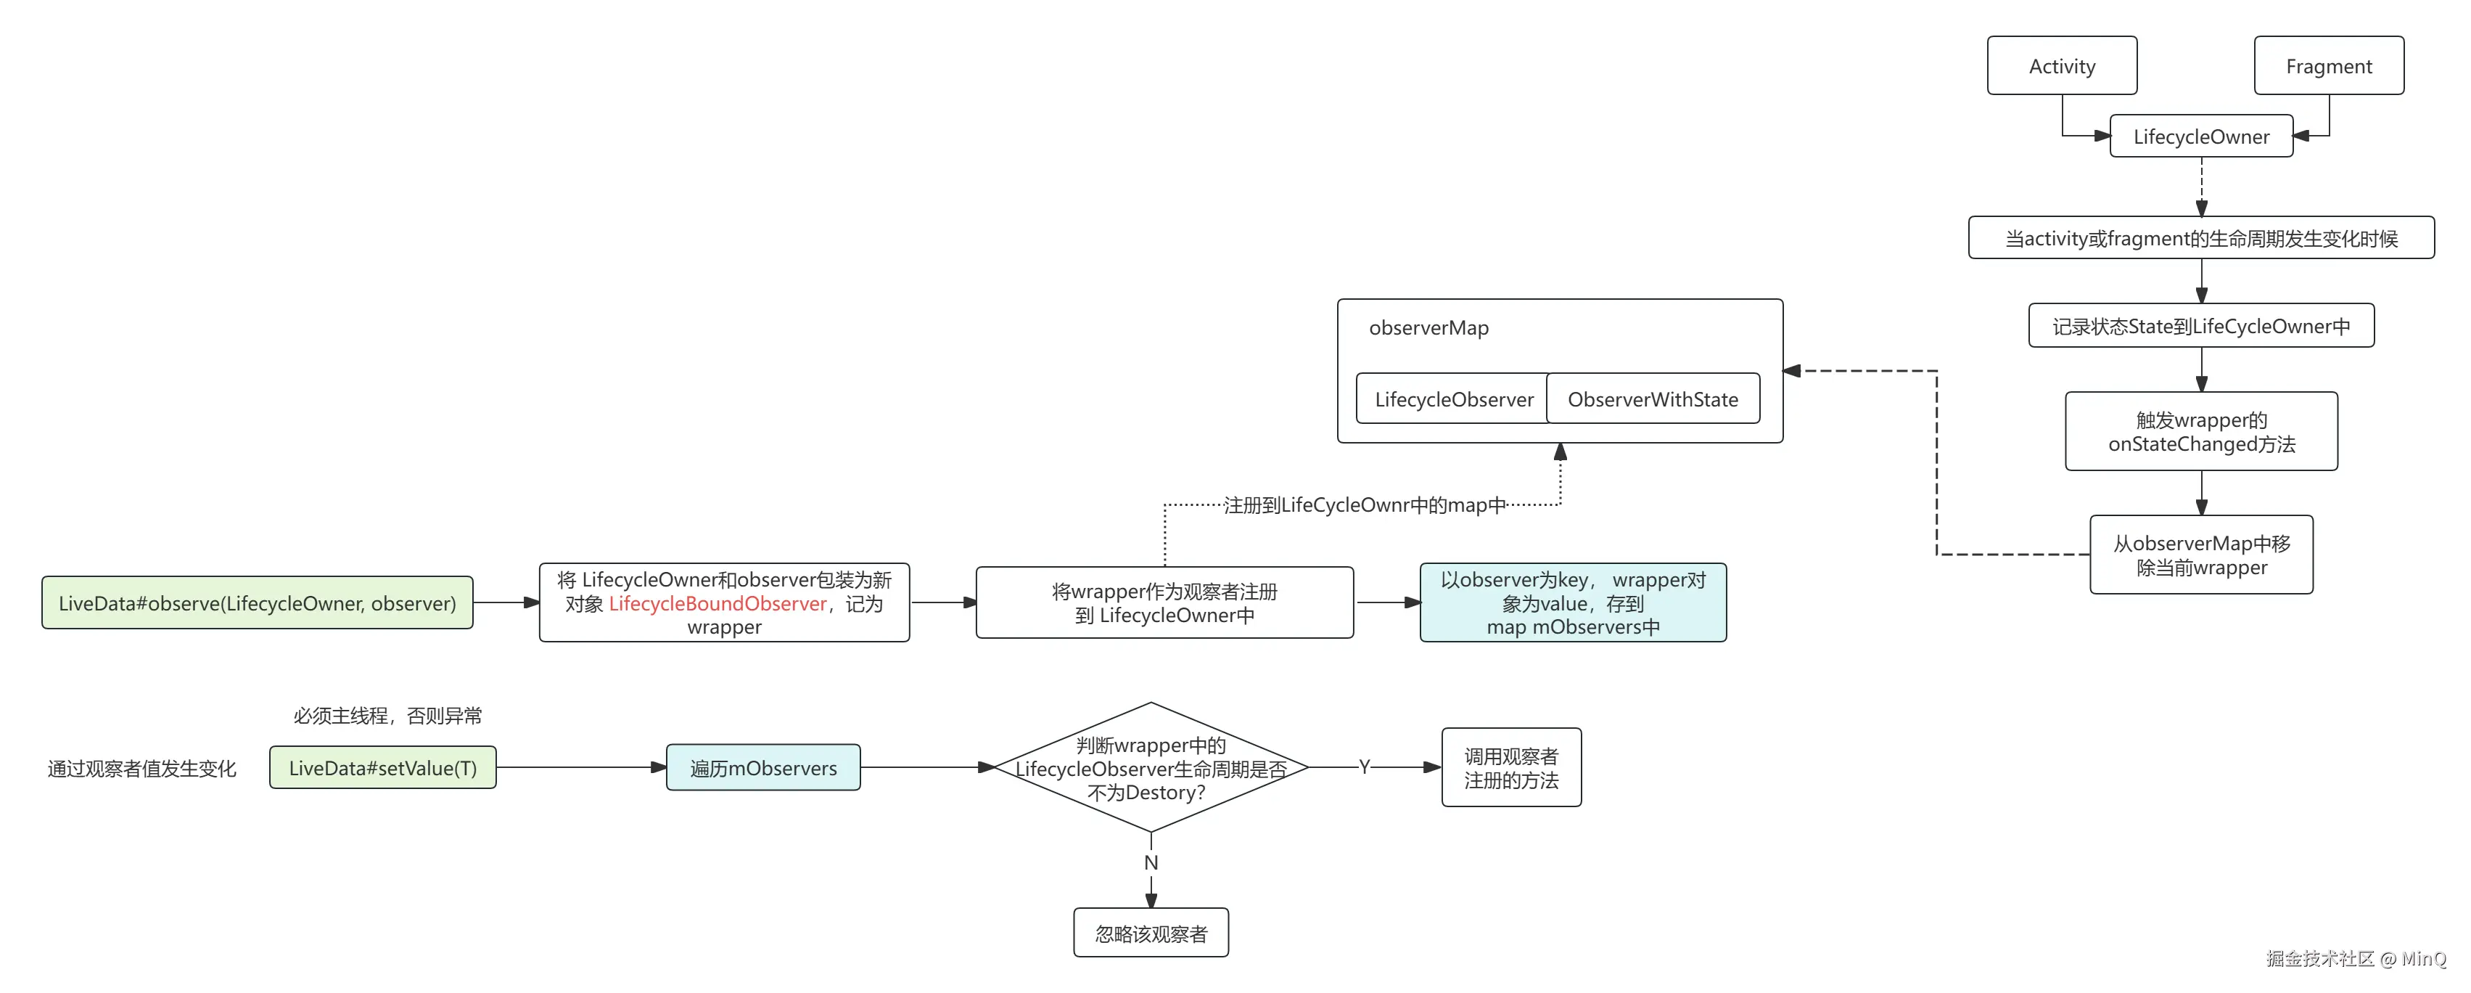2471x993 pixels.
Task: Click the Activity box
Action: point(2061,66)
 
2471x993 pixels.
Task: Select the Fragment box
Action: point(2328,66)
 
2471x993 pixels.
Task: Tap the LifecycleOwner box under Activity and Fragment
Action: point(2200,136)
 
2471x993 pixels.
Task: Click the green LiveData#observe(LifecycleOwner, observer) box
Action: point(257,603)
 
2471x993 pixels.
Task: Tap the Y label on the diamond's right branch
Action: point(1364,767)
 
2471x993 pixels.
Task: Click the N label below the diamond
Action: point(1151,862)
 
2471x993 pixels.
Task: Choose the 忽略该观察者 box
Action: point(1151,933)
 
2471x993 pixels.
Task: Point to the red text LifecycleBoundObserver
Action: point(718,603)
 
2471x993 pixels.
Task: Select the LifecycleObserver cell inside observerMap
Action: point(1453,399)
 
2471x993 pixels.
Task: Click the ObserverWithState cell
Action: point(1653,399)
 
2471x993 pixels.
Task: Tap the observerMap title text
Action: point(1428,328)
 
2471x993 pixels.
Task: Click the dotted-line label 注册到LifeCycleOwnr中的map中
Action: point(1364,504)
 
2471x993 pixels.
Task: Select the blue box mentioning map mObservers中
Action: point(1572,603)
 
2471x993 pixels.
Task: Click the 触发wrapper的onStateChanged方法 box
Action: point(2200,432)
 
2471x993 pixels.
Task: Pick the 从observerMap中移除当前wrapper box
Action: point(2200,555)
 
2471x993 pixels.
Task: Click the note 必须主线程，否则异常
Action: point(387,716)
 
